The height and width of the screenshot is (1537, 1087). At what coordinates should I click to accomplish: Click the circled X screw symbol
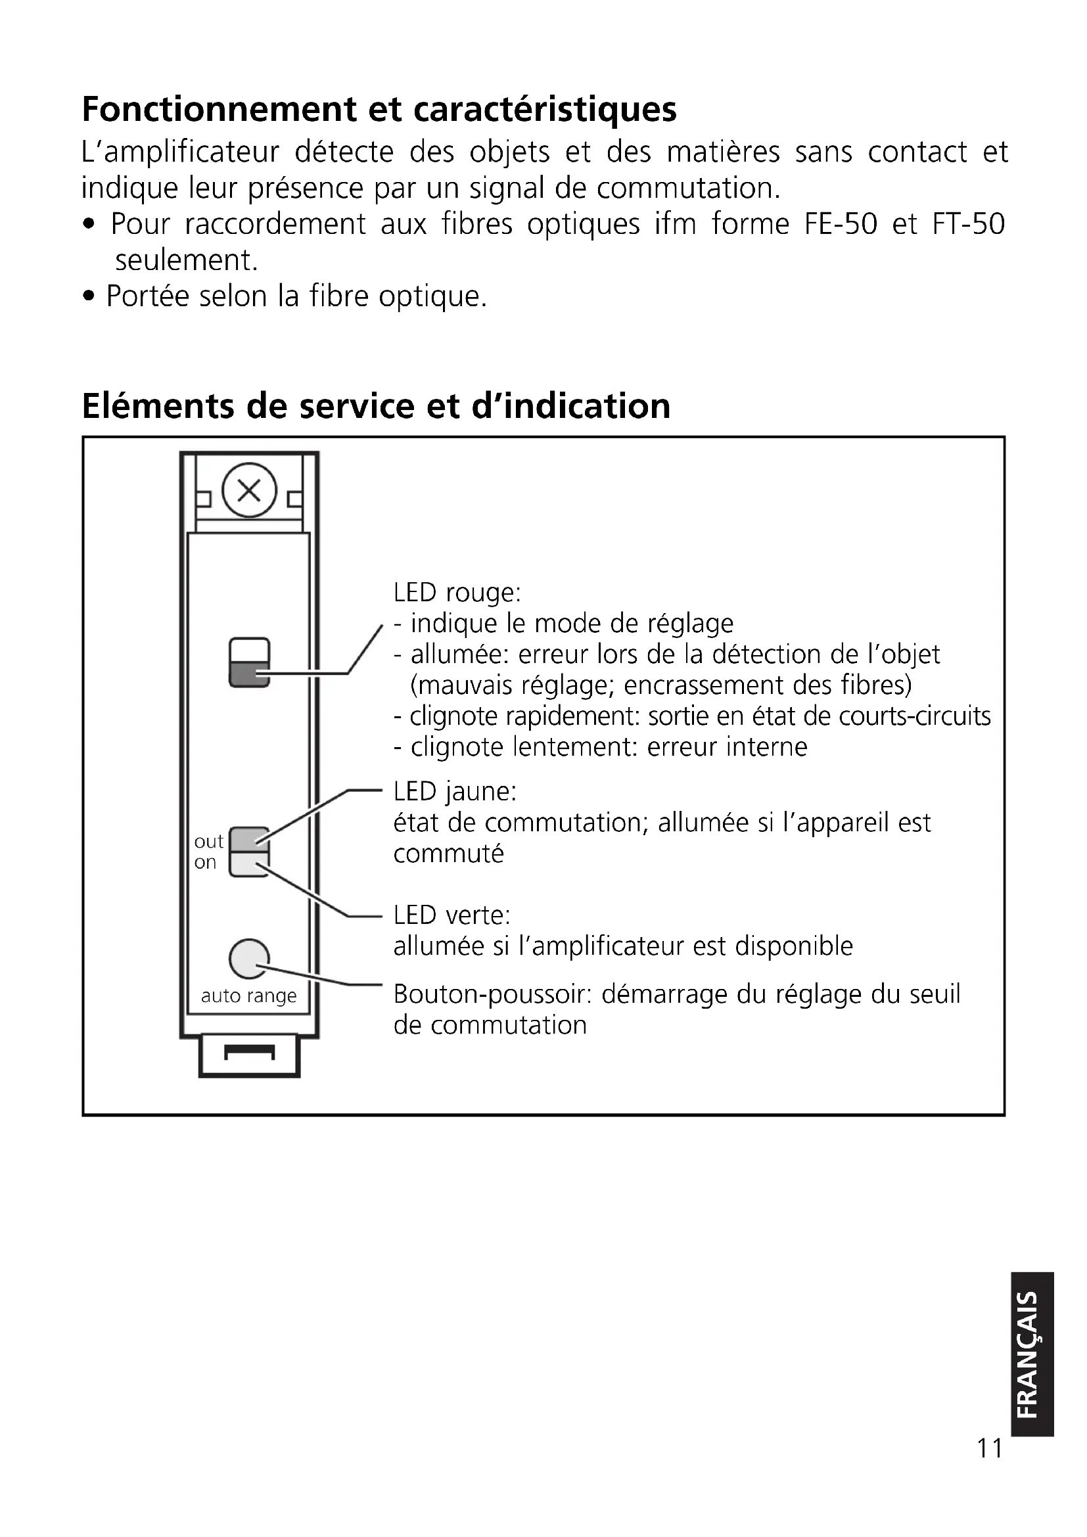coord(249,490)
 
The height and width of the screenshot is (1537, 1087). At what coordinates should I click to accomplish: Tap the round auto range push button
coord(249,959)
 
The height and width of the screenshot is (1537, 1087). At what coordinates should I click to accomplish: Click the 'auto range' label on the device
coord(248,996)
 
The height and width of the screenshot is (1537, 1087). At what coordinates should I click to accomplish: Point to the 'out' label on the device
coord(208,842)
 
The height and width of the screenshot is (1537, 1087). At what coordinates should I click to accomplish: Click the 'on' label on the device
coord(206,862)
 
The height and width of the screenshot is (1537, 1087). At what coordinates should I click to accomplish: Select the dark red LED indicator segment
coord(249,674)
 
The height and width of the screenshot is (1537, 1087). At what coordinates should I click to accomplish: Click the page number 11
coord(989,1448)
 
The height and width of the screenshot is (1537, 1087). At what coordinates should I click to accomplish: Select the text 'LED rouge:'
coord(457,593)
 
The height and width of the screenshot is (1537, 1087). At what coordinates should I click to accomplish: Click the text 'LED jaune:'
coord(455,792)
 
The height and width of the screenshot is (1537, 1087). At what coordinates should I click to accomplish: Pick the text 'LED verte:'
coord(451,915)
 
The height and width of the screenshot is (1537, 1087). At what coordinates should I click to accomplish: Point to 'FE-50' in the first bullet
coord(840,224)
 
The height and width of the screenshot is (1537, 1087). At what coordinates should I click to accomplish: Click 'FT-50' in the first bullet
coord(969,224)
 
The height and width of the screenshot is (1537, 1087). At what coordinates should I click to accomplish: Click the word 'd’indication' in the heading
coord(571,405)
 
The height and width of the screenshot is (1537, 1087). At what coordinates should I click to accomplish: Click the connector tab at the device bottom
coord(249,1056)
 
